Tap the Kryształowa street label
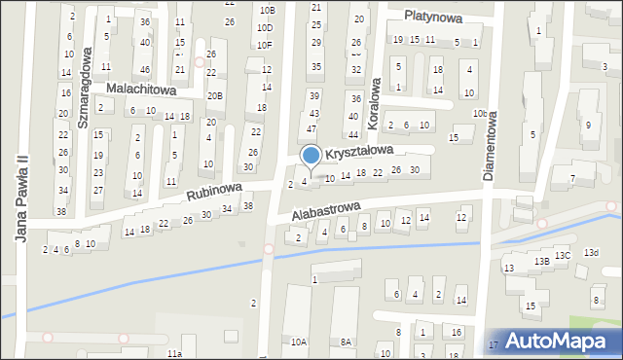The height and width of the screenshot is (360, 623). [x=359, y=153]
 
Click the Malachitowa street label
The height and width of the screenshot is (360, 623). [x=140, y=89]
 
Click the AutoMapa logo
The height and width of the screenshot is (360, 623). [x=563, y=341]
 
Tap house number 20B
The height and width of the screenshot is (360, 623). [x=214, y=95]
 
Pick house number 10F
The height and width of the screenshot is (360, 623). [x=265, y=45]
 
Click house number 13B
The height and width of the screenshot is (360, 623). [x=541, y=261]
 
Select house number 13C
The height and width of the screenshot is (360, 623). [x=563, y=255]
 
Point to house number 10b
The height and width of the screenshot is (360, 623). [x=480, y=114]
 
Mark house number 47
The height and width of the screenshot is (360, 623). [x=311, y=128]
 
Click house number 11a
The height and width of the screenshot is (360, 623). [x=173, y=352]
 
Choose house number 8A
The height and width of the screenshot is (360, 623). [x=346, y=342]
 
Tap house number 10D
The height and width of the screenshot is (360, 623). [x=265, y=27]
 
